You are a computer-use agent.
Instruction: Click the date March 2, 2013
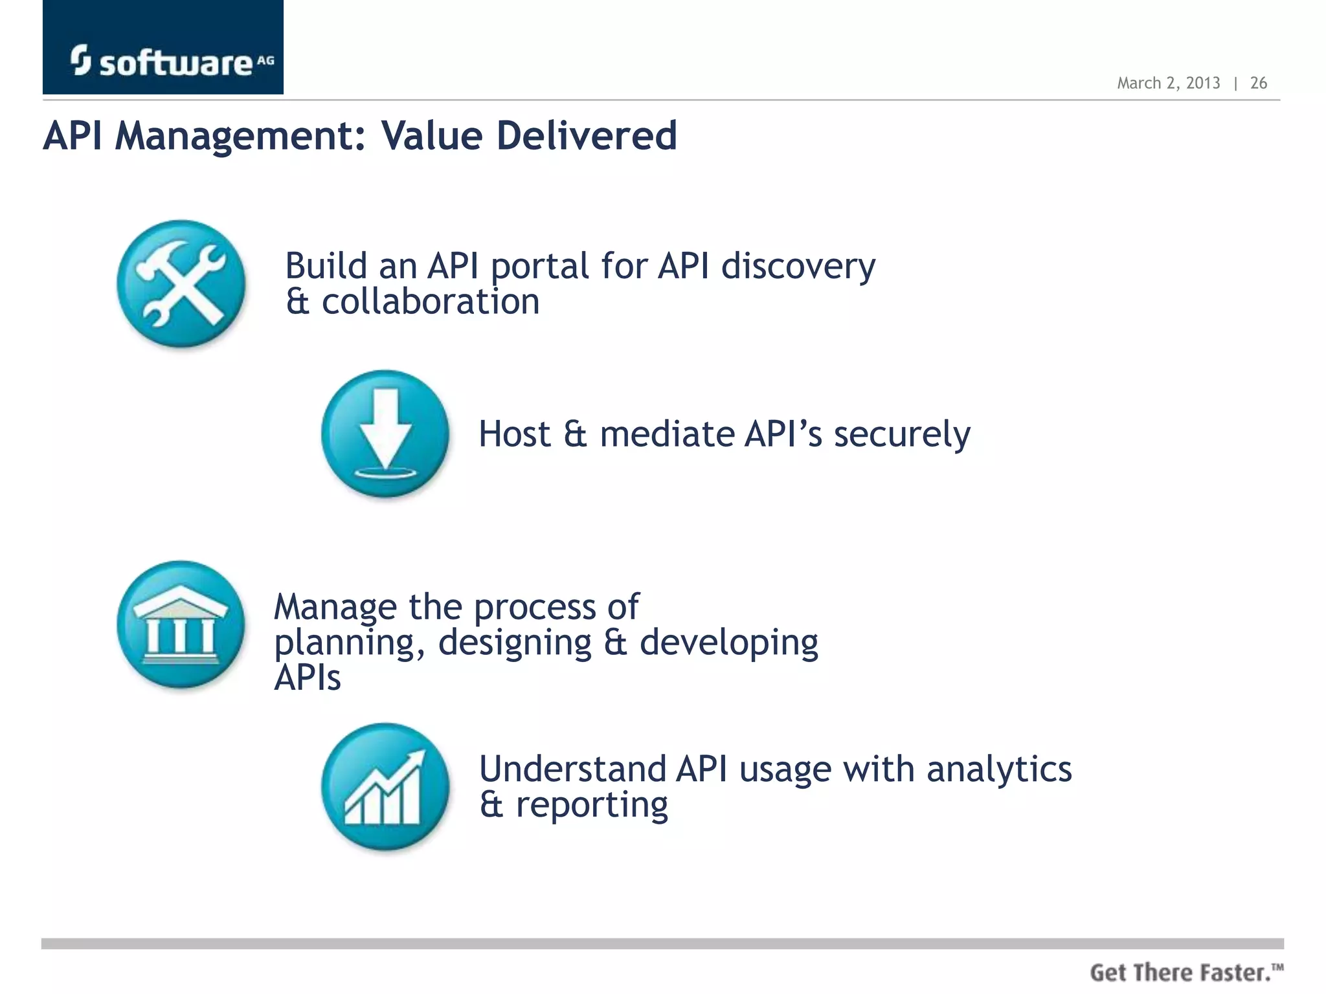(x=1168, y=83)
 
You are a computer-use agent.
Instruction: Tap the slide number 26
(x=1258, y=83)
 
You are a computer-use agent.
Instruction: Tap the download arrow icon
(x=385, y=434)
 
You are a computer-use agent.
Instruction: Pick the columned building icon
(x=181, y=624)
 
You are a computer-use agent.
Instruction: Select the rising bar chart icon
(x=385, y=786)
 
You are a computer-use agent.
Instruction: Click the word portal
(x=539, y=267)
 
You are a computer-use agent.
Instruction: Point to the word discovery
(x=798, y=267)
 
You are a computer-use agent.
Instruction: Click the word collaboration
(x=431, y=302)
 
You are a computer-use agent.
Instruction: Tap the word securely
(x=902, y=434)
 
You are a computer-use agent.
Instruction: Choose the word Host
(x=515, y=434)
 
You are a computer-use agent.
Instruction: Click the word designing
(x=515, y=644)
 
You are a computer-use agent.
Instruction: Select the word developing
(x=729, y=644)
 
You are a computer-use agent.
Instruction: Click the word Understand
(x=573, y=769)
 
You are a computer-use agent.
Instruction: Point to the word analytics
(x=999, y=769)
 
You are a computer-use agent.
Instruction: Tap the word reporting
(x=592, y=806)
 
